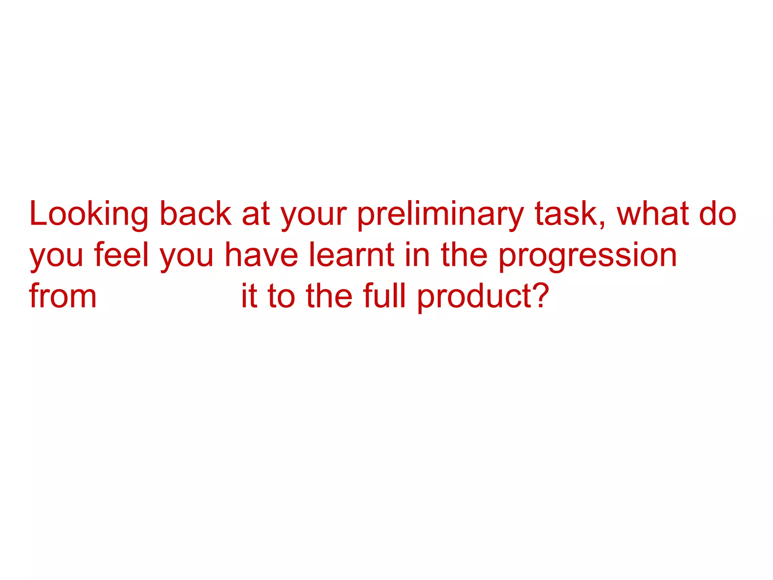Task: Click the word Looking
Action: click(x=89, y=214)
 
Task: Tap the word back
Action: click(x=196, y=214)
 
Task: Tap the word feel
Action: click(x=122, y=255)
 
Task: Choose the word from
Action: click(x=63, y=296)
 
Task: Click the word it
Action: click(x=249, y=296)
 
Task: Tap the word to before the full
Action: click(x=281, y=296)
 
